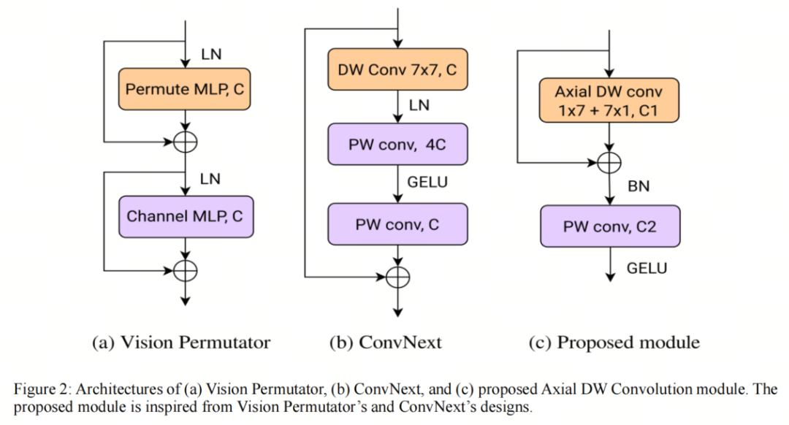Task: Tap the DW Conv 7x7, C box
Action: (x=397, y=71)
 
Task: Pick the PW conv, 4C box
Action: (x=397, y=145)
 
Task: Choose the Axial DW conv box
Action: (x=609, y=102)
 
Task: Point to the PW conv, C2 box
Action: (x=610, y=226)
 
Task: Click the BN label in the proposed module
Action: (x=639, y=187)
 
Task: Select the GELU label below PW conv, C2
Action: (x=647, y=268)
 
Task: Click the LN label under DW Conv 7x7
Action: (x=419, y=106)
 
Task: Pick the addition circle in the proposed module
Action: (x=609, y=161)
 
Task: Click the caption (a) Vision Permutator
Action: (x=181, y=342)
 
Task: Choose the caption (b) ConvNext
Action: (x=386, y=342)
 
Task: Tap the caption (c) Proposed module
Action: (x=614, y=342)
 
